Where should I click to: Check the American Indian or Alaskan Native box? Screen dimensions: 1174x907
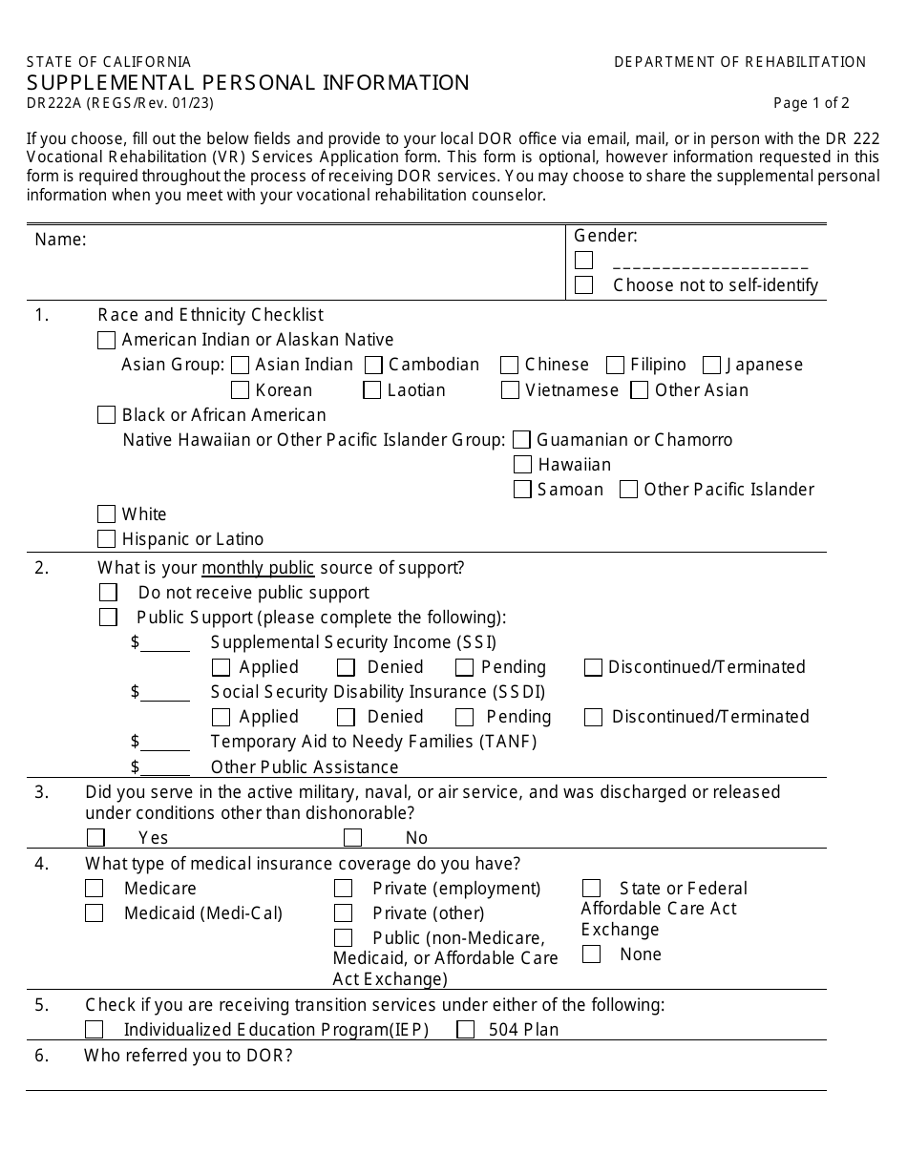pos(107,340)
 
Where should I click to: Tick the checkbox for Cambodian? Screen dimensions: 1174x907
pos(373,365)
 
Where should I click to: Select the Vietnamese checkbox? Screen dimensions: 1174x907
pos(510,389)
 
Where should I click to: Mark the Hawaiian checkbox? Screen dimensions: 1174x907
pos(522,465)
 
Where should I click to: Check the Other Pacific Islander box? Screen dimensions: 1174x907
pos(628,490)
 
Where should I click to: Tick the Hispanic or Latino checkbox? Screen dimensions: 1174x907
pos(107,539)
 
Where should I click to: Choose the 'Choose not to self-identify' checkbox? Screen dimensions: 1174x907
pos(584,284)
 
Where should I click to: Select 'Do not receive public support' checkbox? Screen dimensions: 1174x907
pos(108,593)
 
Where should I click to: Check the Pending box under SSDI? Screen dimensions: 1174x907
pos(465,717)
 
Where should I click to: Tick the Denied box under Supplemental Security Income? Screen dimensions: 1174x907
pos(346,667)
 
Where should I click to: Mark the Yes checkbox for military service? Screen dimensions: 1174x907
pos(95,838)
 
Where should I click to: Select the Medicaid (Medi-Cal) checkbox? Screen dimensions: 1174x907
pos(94,913)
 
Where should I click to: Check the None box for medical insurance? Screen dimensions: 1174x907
pos(591,954)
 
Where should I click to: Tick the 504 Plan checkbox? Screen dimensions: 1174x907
pos(466,1030)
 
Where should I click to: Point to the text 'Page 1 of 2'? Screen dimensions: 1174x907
pos(811,104)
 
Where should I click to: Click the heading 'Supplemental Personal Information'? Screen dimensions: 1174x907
pos(248,82)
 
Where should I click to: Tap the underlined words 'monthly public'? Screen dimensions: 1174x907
pos(258,568)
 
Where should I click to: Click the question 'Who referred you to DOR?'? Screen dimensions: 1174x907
pos(188,1056)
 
